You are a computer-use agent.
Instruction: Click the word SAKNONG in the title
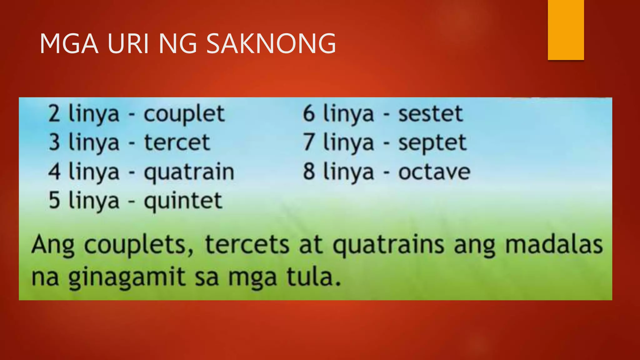click(271, 43)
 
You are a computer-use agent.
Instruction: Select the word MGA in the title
click(69, 43)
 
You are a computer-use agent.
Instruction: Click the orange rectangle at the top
click(566, 30)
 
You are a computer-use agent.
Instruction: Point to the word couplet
click(184, 114)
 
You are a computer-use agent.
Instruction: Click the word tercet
click(177, 142)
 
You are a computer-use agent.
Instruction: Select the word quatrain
click(189, 172)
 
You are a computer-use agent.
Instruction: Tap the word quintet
click(183, 201)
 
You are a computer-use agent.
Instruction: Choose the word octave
click(434, 172)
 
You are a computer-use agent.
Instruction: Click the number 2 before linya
click(54, 114)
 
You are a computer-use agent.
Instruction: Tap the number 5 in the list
click(54, 200)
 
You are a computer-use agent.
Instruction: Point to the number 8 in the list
click(309, 172)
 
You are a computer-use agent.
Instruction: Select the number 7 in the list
click(308, 142)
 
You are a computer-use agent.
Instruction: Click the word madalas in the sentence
click(554, 245)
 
